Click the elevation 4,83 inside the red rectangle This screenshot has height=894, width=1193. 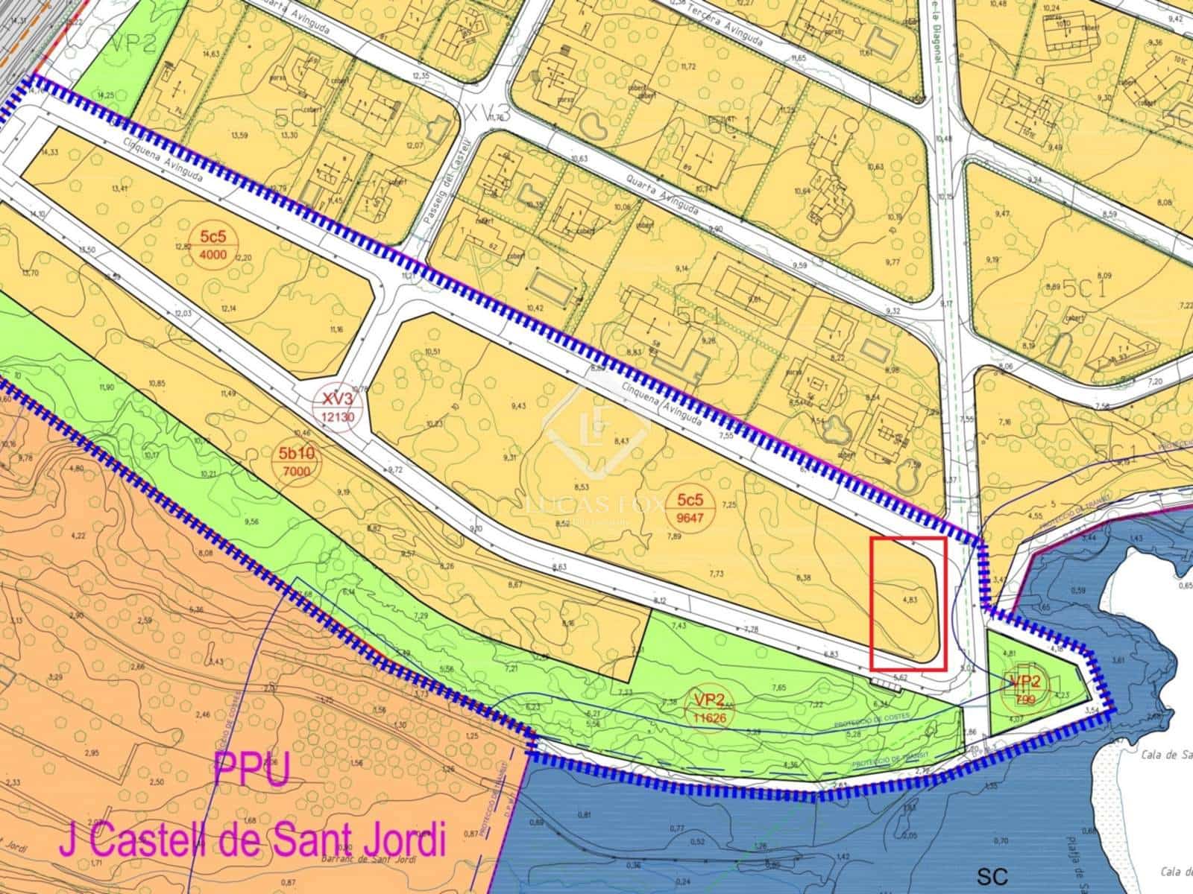(x=909, y=598)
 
